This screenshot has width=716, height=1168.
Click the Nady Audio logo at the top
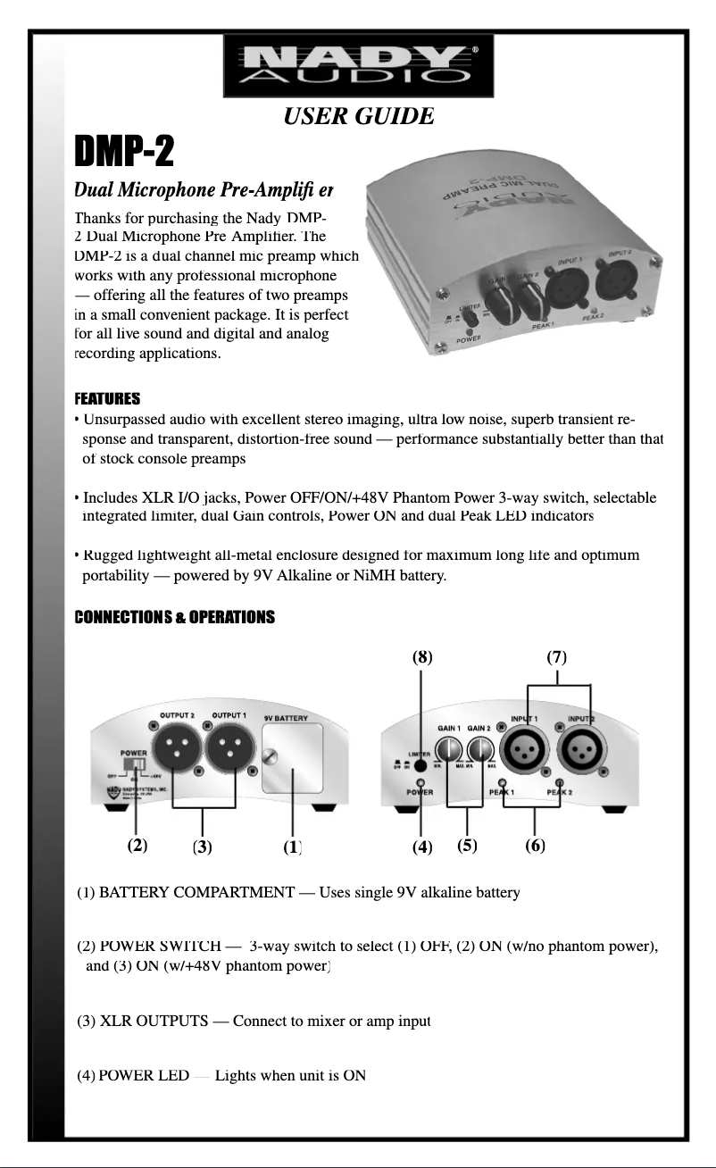(x=358, y=65)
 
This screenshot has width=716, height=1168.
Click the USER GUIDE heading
(x=359, y=116)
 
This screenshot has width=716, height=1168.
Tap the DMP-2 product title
(x=125, y=154)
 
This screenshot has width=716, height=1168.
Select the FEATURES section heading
(x=108, y=397)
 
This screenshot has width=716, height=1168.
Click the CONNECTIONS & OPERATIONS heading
(x=174, y=617)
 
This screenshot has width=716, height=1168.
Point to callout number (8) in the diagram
(x=422, y=657)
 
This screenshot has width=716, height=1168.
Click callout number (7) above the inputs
(x=557, y=657)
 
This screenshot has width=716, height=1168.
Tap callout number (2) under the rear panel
(x=137, y=845)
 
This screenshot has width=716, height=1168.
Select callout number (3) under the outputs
(x=203, y=847)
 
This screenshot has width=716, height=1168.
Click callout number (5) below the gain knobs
(x=467, y=845)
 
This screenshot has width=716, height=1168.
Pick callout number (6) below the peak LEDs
(x=535, y=845)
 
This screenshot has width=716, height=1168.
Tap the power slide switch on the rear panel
(x=137, y=765)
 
